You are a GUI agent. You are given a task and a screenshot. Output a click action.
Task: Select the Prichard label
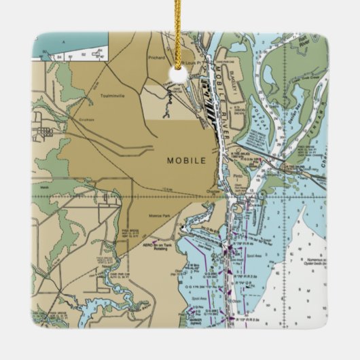[156, 58]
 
